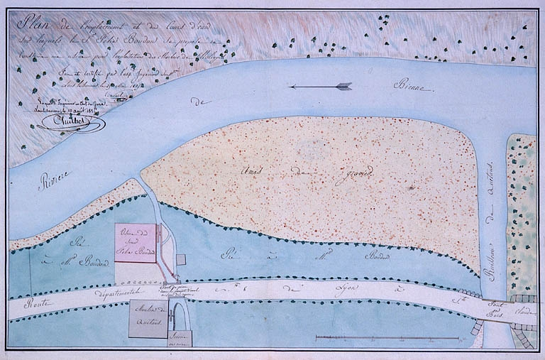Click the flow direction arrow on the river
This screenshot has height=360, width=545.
tap(321, 87)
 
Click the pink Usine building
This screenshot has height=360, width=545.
tap(134, 243)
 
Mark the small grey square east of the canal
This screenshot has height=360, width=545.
tap(181, 259)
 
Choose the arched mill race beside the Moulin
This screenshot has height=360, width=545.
tap(177, 313)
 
